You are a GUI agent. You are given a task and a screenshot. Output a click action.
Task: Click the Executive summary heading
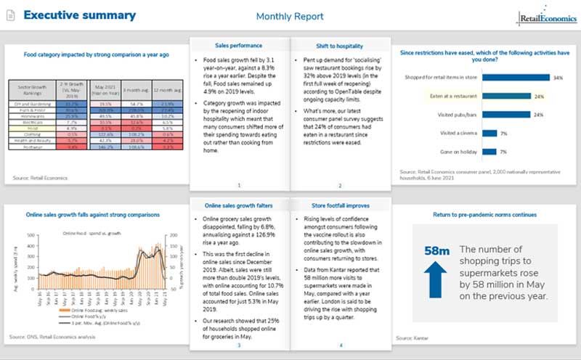point(79,15)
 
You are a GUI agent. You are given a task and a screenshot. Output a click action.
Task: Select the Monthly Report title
point(290,16)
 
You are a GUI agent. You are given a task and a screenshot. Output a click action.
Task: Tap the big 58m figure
point(433,251)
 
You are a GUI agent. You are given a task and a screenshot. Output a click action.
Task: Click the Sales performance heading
point(239,45)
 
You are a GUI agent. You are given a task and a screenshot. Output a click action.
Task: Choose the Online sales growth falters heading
point(239,205)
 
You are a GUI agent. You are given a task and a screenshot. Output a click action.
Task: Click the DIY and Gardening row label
point(31,104)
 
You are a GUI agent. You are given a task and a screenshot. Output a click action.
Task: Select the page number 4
point(340,345)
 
